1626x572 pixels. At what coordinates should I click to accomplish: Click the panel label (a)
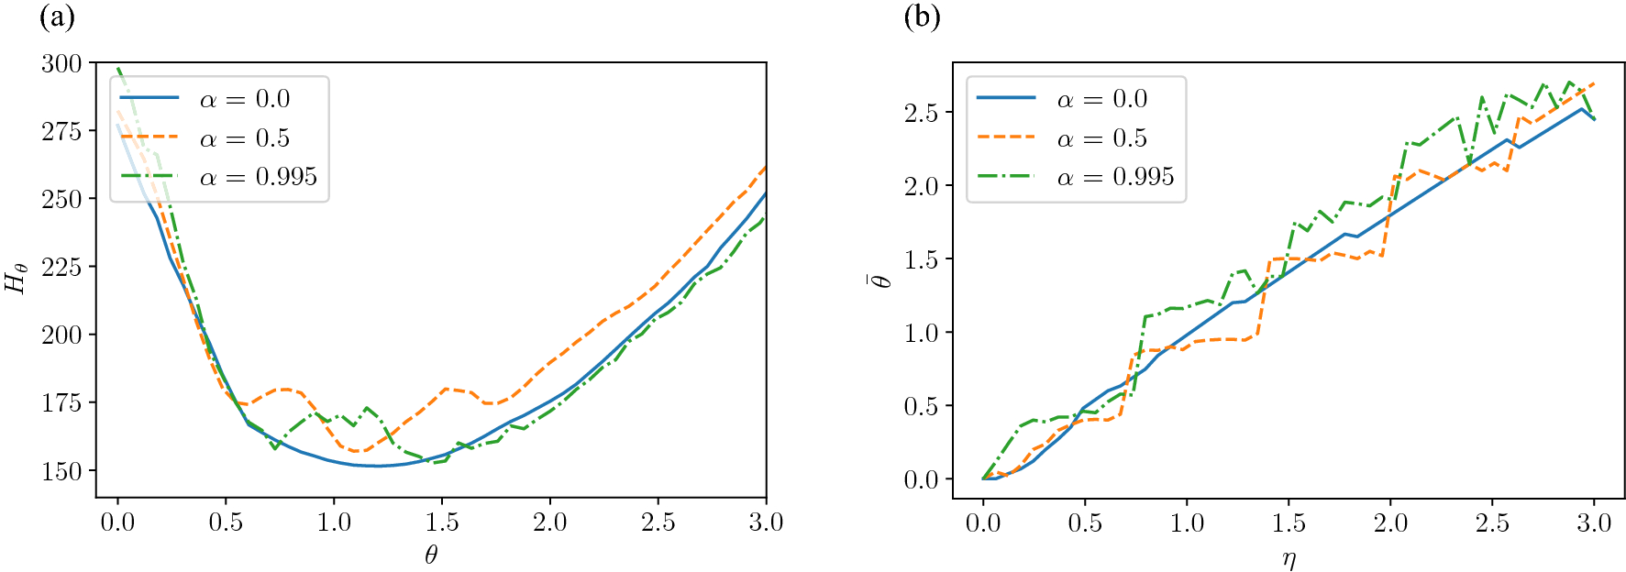click(x=57, y=17)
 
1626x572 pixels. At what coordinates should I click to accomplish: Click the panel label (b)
click(x=922, y=17)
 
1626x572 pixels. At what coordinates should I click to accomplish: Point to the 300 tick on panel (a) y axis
click(x=61, y=63)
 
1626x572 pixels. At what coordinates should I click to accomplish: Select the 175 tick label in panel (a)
click(x=61, y=402)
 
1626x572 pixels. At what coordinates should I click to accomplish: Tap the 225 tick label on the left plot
click(x=61, y=267)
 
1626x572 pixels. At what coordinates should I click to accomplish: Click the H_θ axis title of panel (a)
click(x=17, y=278)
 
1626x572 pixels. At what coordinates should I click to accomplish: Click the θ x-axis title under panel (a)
click(x=431, y=554)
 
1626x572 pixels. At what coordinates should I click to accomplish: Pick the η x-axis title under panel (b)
click(x=1289, y=556)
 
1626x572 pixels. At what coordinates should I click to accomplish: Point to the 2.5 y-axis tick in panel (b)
click(x=923, y=113)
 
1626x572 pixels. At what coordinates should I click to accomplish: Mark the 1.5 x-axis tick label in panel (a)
click(x=442, y=522)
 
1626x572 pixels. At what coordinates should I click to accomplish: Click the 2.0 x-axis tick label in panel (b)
click(x=1390, y=522)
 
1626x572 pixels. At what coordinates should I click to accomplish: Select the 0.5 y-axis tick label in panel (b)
click(x=923, y=406)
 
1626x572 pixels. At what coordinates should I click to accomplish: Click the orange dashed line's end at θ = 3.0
click(x=765, y=168)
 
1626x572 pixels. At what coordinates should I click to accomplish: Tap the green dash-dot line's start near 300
click(x=118, y=69)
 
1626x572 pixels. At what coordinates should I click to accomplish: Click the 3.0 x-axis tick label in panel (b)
click(x=1594, y=522)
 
